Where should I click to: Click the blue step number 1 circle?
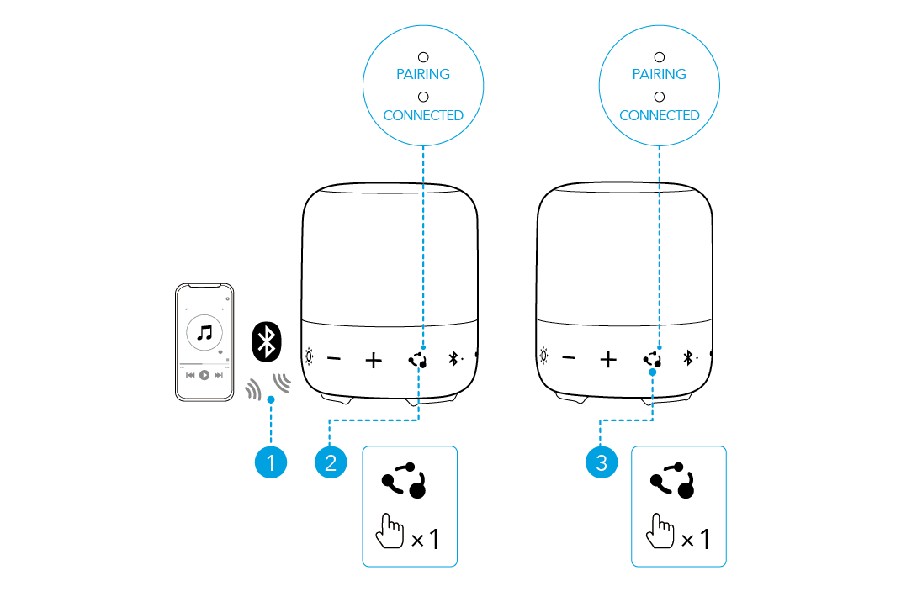point(271,462)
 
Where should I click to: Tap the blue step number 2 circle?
point(330,462)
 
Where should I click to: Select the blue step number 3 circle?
point(600,462)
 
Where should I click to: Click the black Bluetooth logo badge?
point(268,341)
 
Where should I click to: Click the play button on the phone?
point(204,375)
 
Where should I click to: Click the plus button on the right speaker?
point(608,360)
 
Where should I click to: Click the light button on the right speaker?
point(544,357)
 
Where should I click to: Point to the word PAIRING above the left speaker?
point(423,74)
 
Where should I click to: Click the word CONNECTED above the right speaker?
point(660,115)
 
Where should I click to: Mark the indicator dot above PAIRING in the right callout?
point(660,56)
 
